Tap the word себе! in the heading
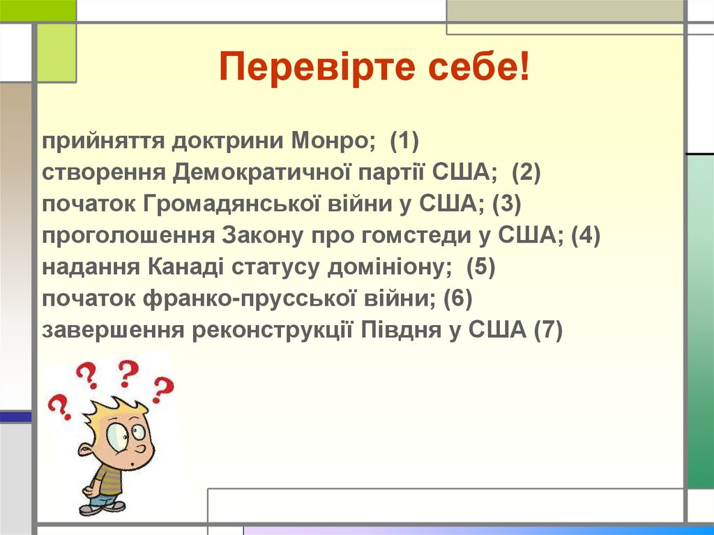473,69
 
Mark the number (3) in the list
507,204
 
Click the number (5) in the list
480,267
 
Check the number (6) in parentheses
458,299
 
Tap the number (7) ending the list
547,330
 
